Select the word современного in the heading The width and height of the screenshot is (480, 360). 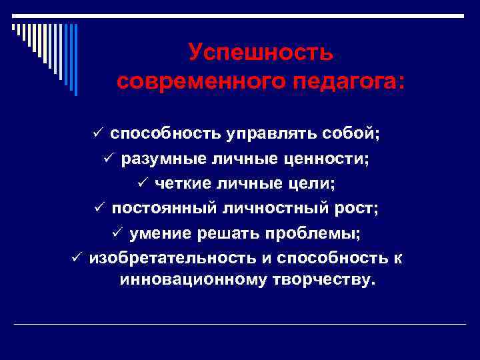(x=193, y=82)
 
